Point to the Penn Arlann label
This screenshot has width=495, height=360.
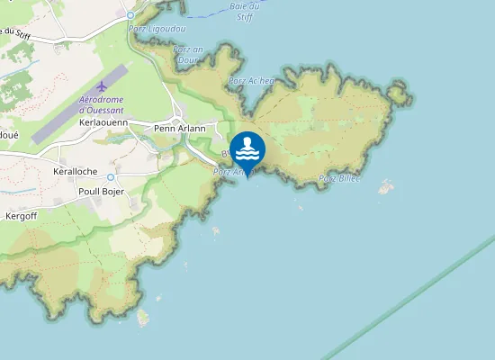180,128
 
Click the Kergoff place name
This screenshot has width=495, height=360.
25,216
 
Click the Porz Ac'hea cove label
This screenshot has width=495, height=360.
251,80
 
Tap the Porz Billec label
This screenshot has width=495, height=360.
338,178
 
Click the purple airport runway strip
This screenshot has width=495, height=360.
79,104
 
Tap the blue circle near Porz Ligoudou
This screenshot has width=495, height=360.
130,15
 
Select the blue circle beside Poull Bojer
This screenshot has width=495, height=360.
111,177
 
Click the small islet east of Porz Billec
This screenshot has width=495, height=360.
386,187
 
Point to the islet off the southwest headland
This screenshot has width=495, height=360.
142,317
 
